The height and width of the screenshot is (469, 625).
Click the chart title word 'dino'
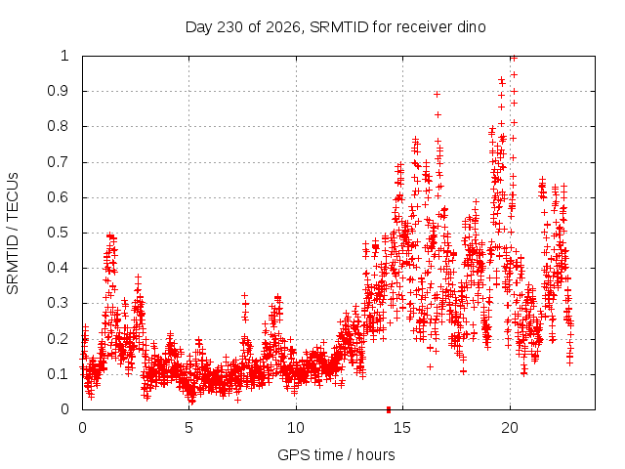point(471,27)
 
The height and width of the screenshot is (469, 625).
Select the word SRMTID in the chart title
point(339,27)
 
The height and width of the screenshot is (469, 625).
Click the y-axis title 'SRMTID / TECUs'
point(13,234)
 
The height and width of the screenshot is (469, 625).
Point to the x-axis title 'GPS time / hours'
point(336,454)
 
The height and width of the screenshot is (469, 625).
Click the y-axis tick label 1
point(64,56)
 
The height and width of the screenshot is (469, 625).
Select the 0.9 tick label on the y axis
point(59,91)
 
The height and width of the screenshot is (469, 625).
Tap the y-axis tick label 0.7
point(59,162)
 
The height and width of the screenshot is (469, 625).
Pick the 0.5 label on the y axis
point(59,233)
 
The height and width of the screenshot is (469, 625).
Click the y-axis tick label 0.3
point(59,303)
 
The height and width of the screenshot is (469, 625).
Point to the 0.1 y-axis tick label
point(59,374)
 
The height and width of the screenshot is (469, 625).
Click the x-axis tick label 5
point(188,428)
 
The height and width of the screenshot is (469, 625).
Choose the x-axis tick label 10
point(296,428)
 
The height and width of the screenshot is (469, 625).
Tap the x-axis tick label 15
point(402,428)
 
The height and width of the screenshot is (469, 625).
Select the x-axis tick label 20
point(510,428)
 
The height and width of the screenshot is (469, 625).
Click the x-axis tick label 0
point(82,428)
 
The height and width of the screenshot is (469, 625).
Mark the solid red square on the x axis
point(389,409)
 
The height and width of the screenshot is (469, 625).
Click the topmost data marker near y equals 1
point(515,59)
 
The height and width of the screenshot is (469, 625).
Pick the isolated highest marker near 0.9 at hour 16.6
point(437,95)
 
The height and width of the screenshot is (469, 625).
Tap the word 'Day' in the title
point(199,27)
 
